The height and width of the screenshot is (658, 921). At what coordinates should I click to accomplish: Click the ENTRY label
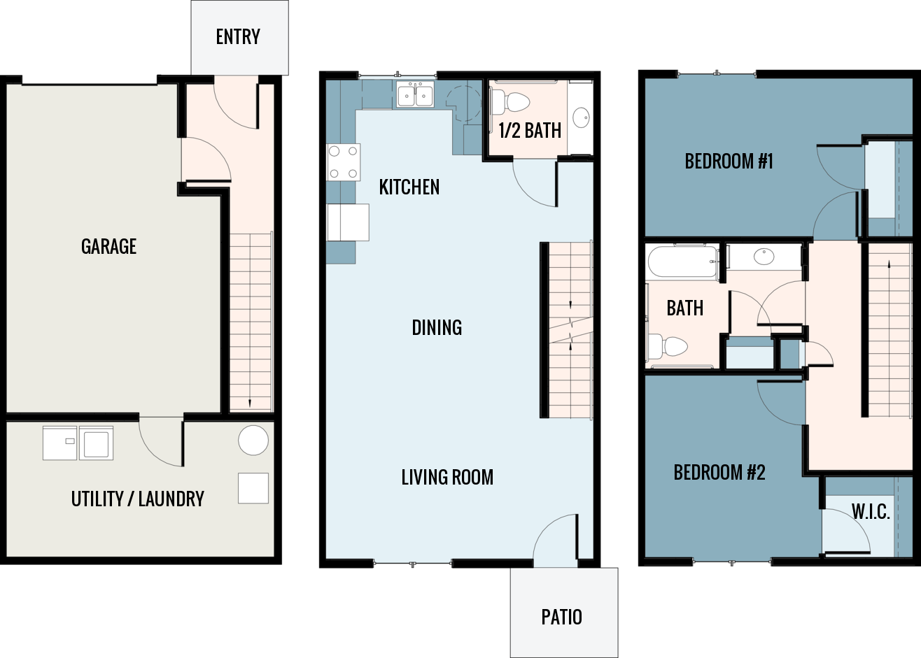[x=238, y=37]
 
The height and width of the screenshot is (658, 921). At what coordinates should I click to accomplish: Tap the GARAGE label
[x=108, y=246]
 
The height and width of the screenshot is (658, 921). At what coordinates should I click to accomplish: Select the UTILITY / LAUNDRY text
[x=137, y=499]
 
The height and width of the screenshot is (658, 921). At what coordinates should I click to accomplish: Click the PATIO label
[x=561, y=617]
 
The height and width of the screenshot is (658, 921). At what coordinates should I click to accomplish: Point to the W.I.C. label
[x=871, y=512]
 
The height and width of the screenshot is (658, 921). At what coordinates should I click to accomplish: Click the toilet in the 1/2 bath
[x=512, y=102]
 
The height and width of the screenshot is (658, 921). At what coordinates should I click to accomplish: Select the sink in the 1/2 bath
[x=581, y=117]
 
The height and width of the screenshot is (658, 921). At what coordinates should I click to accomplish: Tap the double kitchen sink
[x=415, y=94]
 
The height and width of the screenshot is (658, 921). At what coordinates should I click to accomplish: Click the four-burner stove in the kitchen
[x=344, y=162]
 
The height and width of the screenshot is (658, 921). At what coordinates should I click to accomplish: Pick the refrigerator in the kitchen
[x=348, y=222]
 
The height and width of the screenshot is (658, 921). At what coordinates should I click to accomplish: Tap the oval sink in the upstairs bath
[x=764, y=257]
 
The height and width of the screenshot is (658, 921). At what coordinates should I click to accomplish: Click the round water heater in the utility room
[x=253, y=441]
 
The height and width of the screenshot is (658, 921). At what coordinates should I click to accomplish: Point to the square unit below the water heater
[x=253, y=488]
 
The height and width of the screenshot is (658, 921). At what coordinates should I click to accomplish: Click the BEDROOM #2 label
[x=719, y=473]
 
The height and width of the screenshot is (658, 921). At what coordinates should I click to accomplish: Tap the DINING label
[x=437, y=327]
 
